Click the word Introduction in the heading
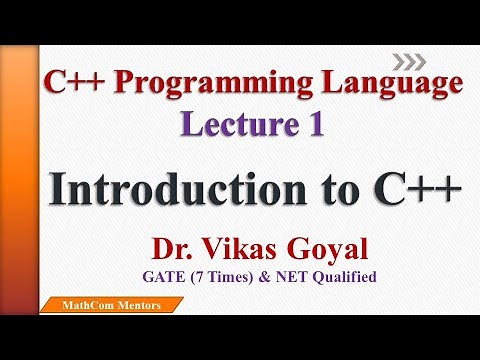(163, 187)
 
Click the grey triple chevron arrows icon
(406, 57)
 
